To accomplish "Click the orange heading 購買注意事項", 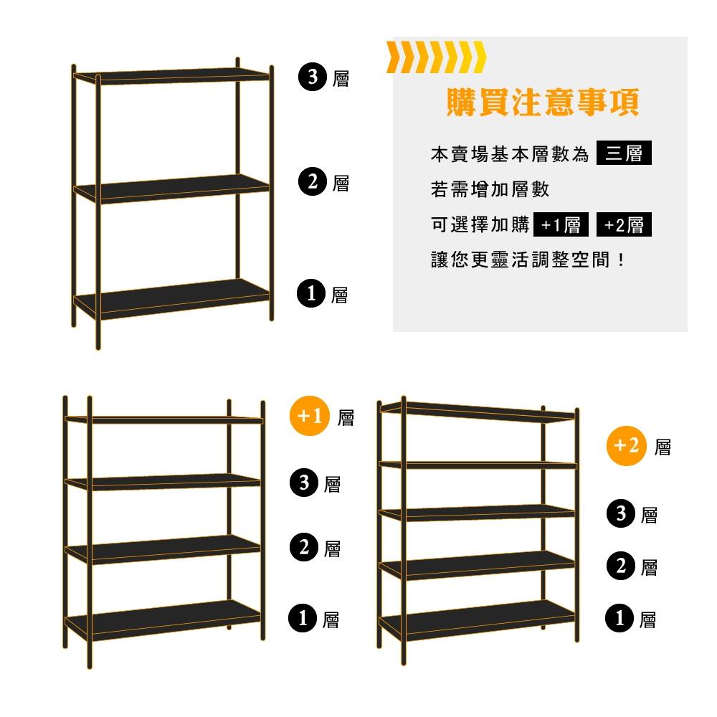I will click(x=542, y=103).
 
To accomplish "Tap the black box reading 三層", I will click(x=624, y=153).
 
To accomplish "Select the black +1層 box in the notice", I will click(x=561, y=225).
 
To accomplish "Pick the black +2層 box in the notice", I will click(x=624, y=225).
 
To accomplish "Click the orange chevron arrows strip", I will click(x=436, y=57).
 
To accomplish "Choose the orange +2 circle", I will click(x=626, y=446).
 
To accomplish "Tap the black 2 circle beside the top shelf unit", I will click(x=313, y=182).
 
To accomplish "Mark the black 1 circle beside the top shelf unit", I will click(x=311, y=294).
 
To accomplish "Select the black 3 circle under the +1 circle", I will click(x=304, y=483).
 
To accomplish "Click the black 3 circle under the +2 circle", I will click(x=621, y=513).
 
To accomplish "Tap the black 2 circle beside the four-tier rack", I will click(x=304, y=549).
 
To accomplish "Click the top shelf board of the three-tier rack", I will click(x=172, y=75).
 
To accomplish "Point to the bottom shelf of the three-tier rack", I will click(x=172, y=300).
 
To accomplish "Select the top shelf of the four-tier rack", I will click(x=163, y=419).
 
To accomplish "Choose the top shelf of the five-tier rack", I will click(x=477, y=411).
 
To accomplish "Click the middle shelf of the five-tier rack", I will click(x=477, y=513).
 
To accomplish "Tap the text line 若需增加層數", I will click(x=490, y=189).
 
